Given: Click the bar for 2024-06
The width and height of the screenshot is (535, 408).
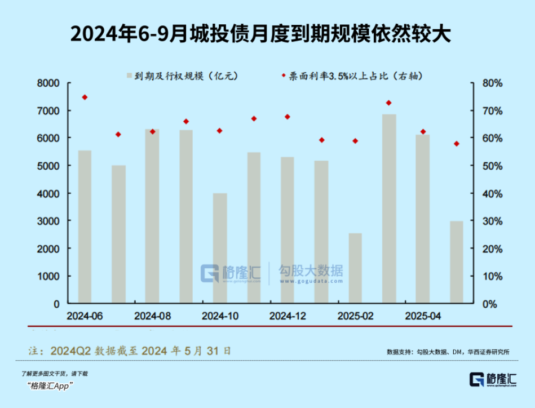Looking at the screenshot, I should (x=85, y=227).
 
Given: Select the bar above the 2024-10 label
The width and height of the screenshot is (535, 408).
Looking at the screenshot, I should (x=220, y=248).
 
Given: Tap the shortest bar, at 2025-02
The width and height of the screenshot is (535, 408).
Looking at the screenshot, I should (x=355, y=268).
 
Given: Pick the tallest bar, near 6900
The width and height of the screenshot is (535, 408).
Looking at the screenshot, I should (x=389, y=209).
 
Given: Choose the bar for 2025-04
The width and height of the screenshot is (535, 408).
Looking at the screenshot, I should (x=423, y=219).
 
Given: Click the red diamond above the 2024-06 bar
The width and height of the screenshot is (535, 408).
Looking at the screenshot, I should (x=85, y=97).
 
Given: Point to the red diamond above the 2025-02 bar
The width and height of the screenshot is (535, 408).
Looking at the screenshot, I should (x=355, y=141).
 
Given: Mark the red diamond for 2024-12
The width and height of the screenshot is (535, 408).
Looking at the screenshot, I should (x=288, y=117).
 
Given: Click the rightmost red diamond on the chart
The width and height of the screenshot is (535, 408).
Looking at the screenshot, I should (x=457, y=144).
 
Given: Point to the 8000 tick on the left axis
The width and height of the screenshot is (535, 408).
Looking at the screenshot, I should (x=48, y=83).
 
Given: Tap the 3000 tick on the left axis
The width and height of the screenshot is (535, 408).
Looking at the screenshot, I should (x=48, y=221).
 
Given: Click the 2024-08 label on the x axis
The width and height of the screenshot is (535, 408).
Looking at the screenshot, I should (x=152, y=316).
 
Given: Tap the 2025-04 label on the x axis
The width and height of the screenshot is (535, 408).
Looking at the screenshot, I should (x=423, y=316).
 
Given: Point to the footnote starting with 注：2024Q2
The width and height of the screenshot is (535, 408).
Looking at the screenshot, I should (x=130, y=350).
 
